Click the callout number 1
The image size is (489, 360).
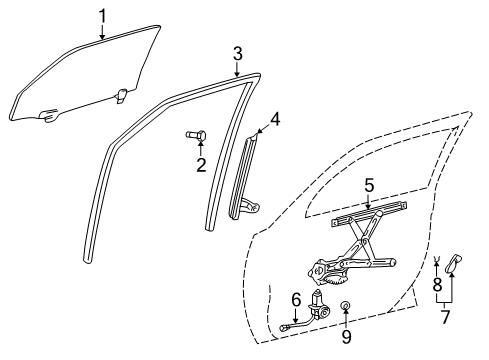103,14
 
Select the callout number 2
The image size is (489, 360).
200,164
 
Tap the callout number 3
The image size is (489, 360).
237,52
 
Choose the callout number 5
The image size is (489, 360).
368,185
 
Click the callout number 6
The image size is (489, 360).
295,299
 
